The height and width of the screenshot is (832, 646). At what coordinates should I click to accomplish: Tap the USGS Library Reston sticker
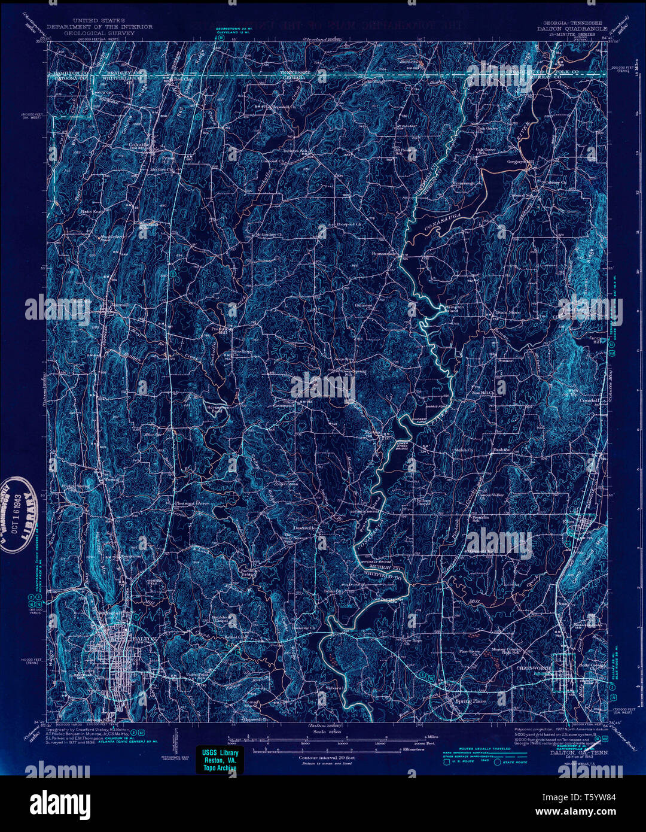click(220, 760)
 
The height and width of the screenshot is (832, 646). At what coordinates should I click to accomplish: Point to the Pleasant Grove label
click(191, 503)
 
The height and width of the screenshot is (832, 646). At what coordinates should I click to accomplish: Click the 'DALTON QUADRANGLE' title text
click(571, 28)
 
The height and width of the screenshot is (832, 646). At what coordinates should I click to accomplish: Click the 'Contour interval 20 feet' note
click(327, 757)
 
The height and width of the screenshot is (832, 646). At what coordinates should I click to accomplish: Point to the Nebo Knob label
click(92, 212)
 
